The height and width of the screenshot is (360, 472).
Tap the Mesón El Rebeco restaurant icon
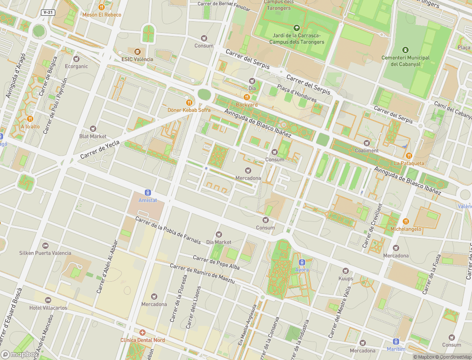[x=102, y=7]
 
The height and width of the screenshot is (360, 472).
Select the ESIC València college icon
[x=137, y=51]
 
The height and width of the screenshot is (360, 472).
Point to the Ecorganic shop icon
[x=76, y=58]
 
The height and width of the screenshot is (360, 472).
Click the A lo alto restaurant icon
[x=30, y=119]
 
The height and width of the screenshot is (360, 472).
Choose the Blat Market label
[x=93, y=136]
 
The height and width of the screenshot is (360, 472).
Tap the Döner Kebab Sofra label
[x=189, y=110]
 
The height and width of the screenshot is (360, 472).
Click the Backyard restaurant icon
[x=247, y=97]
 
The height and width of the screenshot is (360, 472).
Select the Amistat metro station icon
[x=148, y=192]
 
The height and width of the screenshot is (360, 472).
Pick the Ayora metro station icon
[x=302, y=262]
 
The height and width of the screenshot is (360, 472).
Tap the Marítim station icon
[x=396, y=342]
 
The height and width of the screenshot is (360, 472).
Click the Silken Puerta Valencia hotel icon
[x=45, y=245]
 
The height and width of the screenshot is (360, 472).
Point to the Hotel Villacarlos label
[x=48, y=308]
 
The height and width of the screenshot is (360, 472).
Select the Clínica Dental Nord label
[x=142, y=340]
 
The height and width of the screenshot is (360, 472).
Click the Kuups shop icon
[x=346, y=271]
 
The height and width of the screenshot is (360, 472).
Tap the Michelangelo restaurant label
[x=406, y=229]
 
